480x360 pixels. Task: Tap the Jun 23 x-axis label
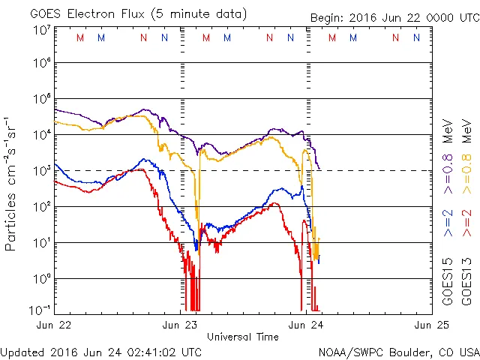pos(181,325)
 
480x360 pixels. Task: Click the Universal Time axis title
pos(243,337)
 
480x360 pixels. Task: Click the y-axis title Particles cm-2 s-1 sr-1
pos(12,183)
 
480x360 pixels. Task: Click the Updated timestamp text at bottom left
pos(100,351)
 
